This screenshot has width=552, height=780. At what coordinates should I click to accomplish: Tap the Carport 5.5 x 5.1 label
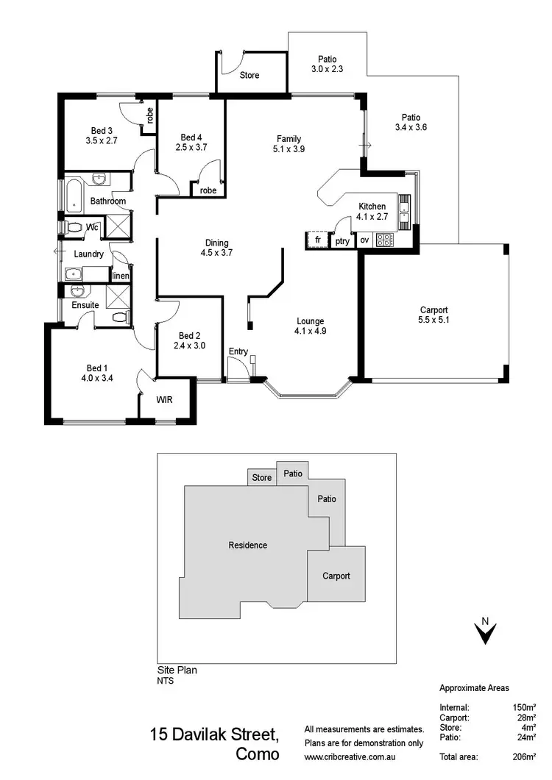[434, 310]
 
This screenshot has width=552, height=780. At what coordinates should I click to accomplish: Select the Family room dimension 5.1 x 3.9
[289, 149]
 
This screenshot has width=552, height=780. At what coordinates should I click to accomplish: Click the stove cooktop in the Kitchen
[384, 239]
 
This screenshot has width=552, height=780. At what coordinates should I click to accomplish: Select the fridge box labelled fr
[318, 240]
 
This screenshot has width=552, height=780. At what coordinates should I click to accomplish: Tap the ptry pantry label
[342, 240]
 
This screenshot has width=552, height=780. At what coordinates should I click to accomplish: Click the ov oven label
[364, 240]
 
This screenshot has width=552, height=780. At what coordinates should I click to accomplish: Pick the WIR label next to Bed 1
[166, 401]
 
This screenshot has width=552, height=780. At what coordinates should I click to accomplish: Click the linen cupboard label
[120, 276]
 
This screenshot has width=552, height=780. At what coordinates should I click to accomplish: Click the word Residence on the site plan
[247, 545]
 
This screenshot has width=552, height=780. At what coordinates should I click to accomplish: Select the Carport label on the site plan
[336, 576]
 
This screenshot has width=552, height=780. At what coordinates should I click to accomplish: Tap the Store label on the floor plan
[250, 75]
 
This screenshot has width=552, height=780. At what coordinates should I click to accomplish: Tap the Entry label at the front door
[238, 351]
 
